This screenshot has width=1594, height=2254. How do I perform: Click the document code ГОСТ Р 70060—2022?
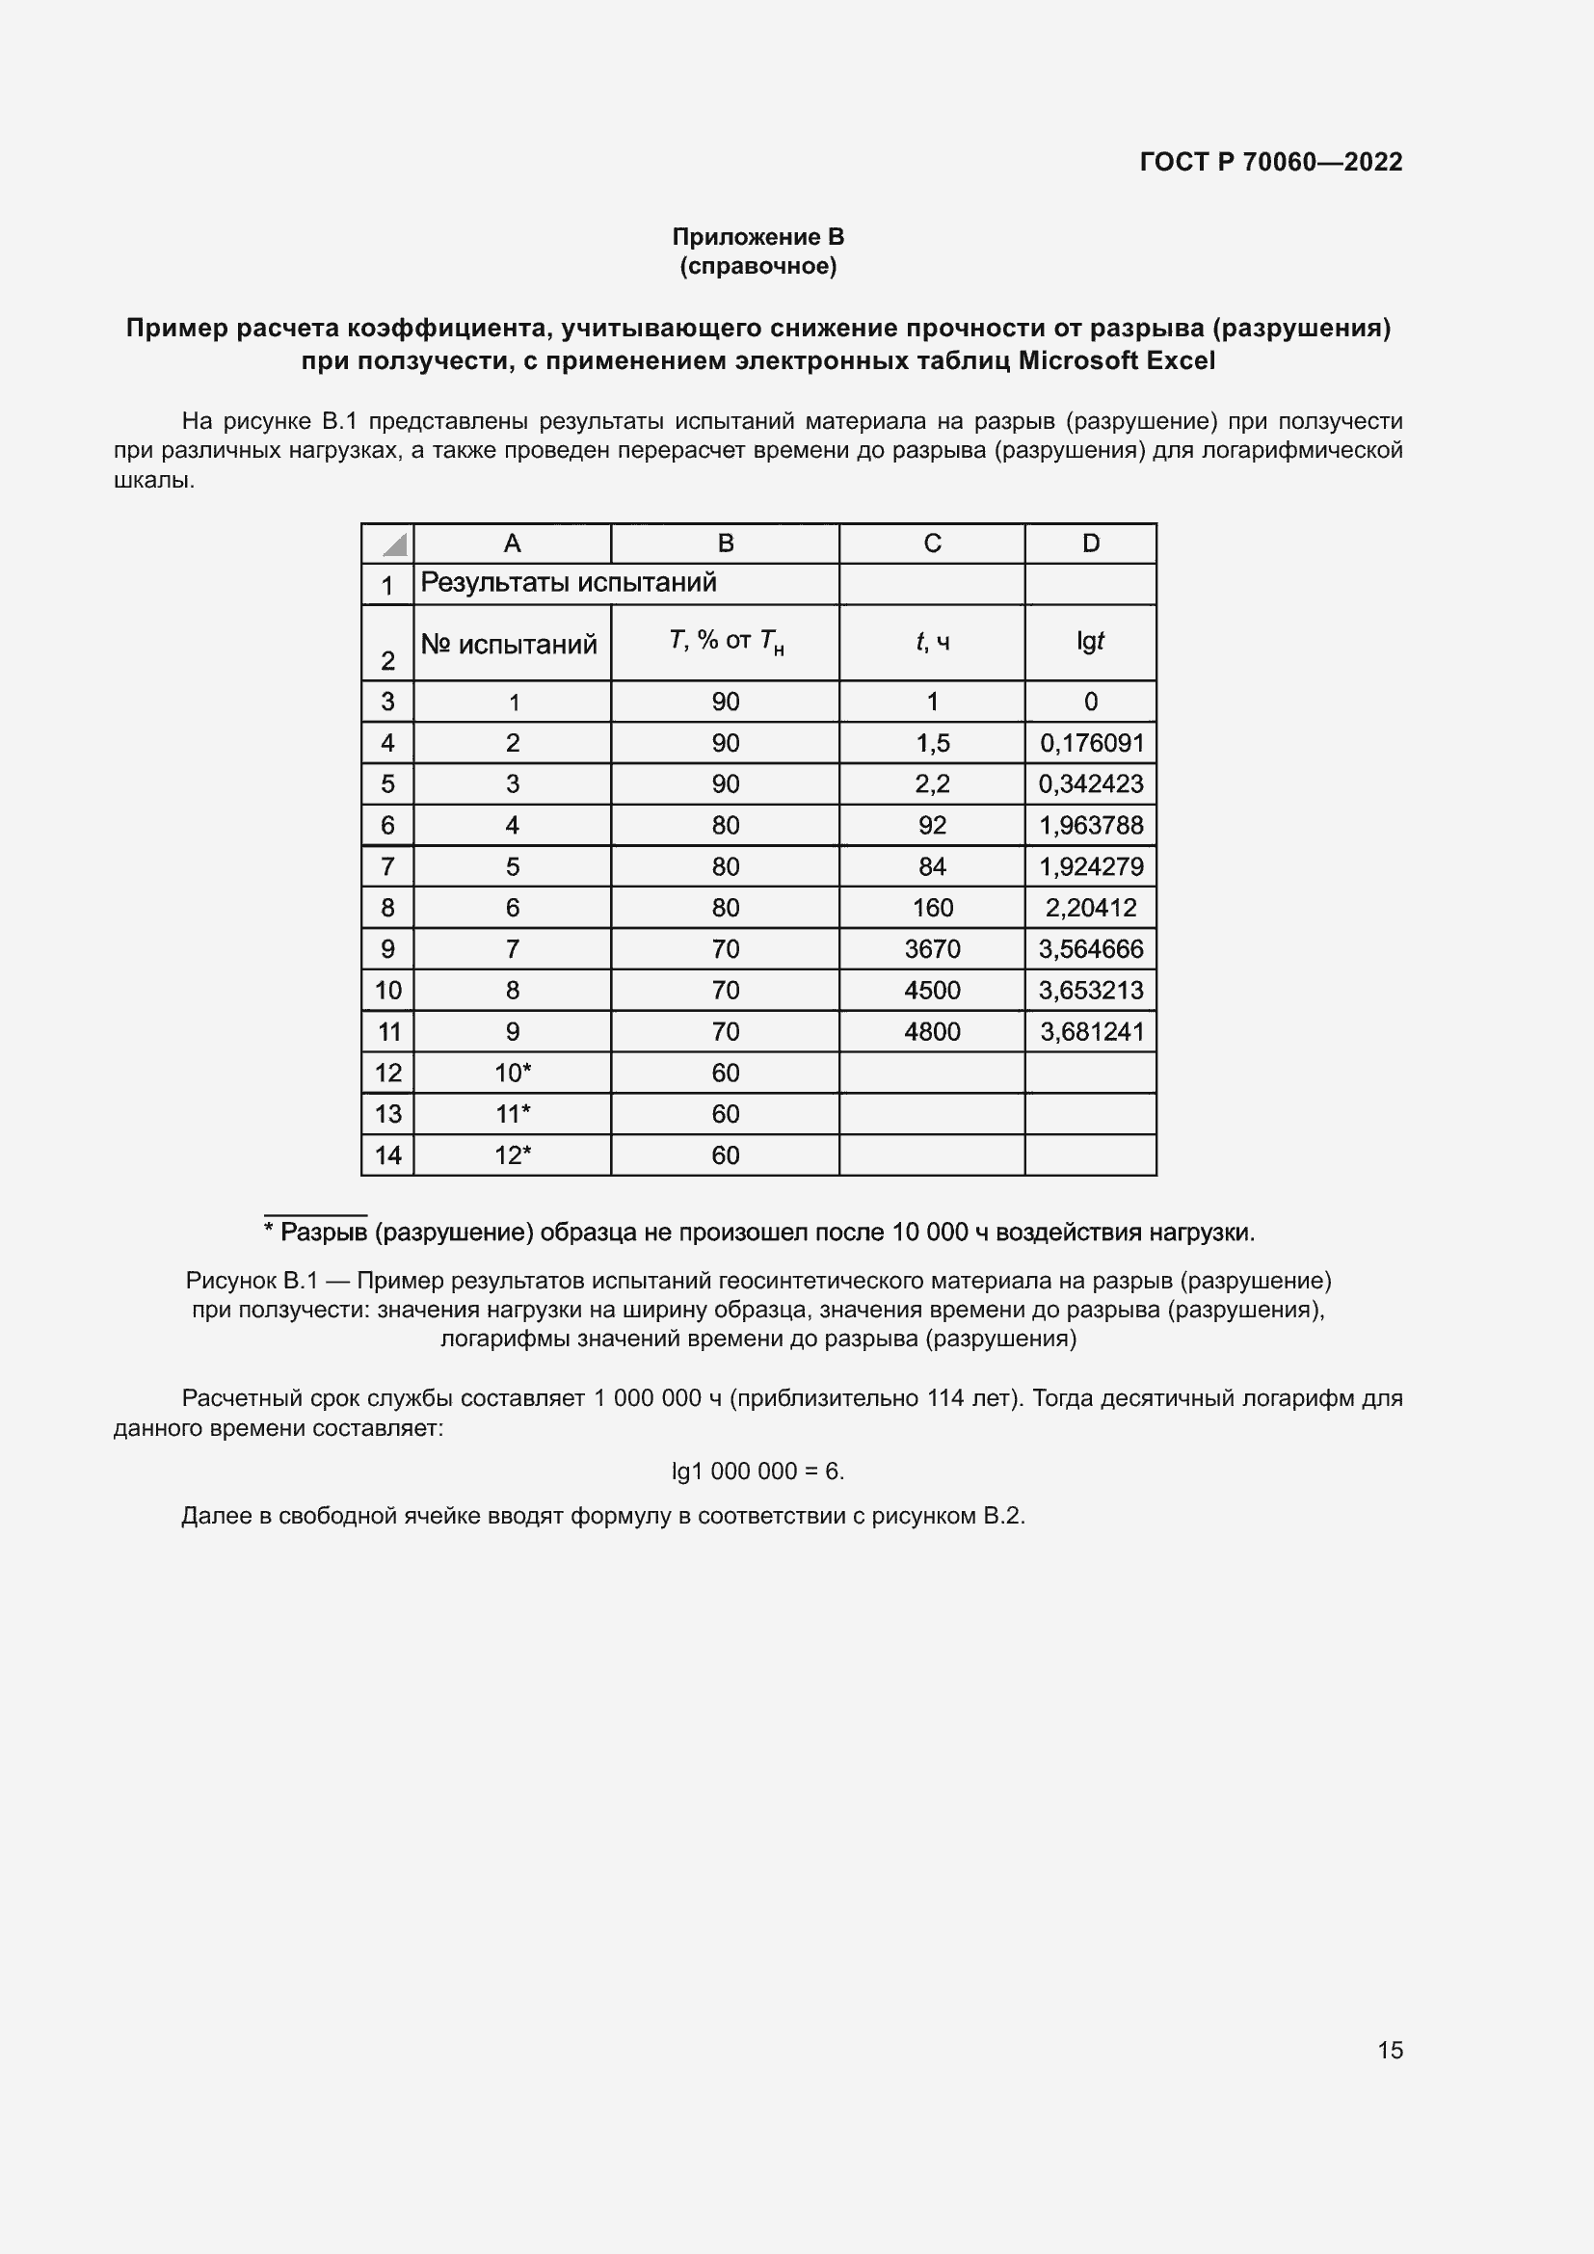click(x=1270, y=162)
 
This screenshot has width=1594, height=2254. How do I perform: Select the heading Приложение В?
click(x=757, y=237)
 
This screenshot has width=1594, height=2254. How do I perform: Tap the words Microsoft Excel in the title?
click(x=1116, y=360)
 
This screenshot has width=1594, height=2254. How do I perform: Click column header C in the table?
click(x=932, y=543)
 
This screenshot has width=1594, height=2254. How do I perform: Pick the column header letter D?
click(x=1091, y=543)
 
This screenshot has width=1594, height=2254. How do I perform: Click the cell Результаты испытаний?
click(x=569, y=583)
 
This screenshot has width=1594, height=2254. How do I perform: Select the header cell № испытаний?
click(x=509, y=644)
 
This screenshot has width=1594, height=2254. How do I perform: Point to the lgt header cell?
click(x=1090, y=641)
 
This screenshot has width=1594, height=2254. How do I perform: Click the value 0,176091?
click(x=1092, y=743)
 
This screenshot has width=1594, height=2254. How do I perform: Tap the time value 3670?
click(x=932, y=949)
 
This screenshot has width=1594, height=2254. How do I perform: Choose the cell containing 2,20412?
click(x=1091, y=908)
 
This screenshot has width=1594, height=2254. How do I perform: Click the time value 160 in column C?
click(x=932, y=908)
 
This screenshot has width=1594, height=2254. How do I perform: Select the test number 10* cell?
click(x=513, y=1073)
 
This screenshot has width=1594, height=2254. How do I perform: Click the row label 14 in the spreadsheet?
click(x=387, y=1155)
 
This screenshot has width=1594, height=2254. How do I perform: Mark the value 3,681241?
click(x=1092, y=1032)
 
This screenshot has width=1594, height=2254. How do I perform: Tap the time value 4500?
click(x=932, y=991)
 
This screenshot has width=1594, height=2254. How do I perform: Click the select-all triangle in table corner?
click(x=394, y=544)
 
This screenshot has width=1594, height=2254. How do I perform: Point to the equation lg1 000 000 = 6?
click(x=757, y=1471)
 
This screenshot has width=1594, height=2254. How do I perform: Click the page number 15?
click(x=1389, y=2050)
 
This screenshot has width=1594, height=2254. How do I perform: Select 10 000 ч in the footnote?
click(x=940, y=1233)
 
